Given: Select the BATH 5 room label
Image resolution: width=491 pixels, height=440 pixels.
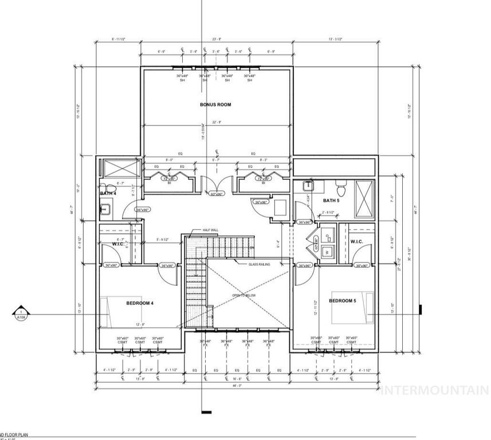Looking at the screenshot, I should coord(331,201).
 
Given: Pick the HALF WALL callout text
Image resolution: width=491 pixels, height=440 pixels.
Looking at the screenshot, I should coord(210,230).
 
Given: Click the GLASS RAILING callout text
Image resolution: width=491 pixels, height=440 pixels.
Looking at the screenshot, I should coord(259,264).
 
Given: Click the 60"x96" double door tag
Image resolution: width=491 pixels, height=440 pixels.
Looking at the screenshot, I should coord(217,194).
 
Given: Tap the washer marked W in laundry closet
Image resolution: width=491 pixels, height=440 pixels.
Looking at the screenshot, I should coord(327,251).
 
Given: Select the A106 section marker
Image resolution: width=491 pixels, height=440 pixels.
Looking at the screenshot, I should coord(20,313).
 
